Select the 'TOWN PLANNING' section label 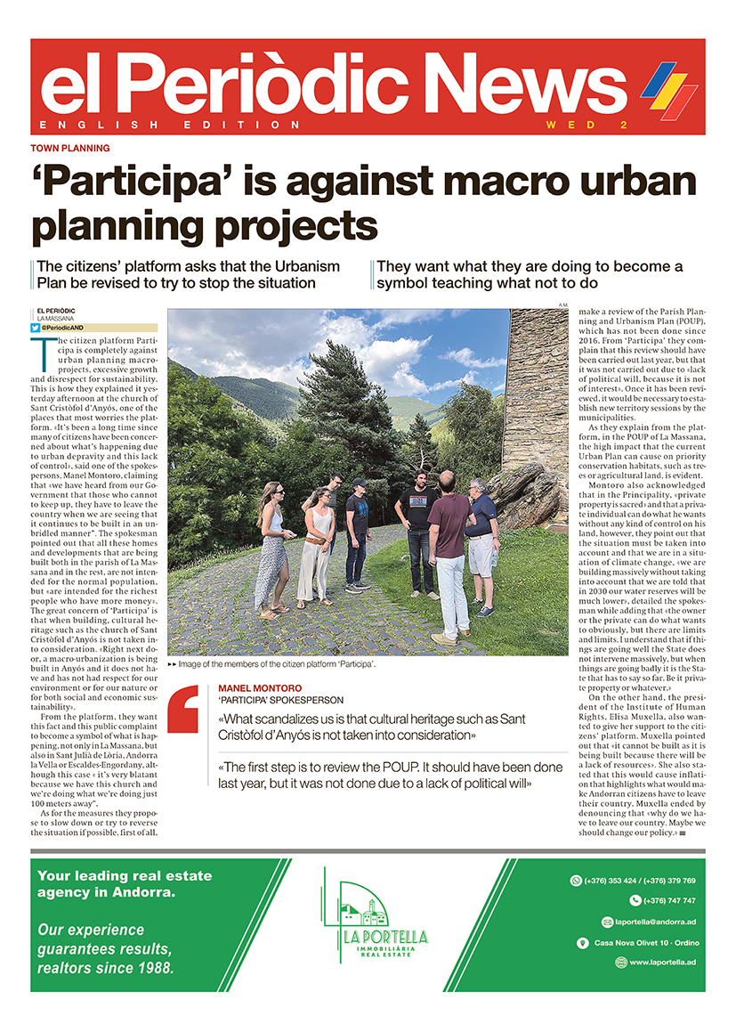[70, 149]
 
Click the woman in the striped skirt [269, 549]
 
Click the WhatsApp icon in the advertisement [575, 881]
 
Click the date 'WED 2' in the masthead [587, 124]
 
